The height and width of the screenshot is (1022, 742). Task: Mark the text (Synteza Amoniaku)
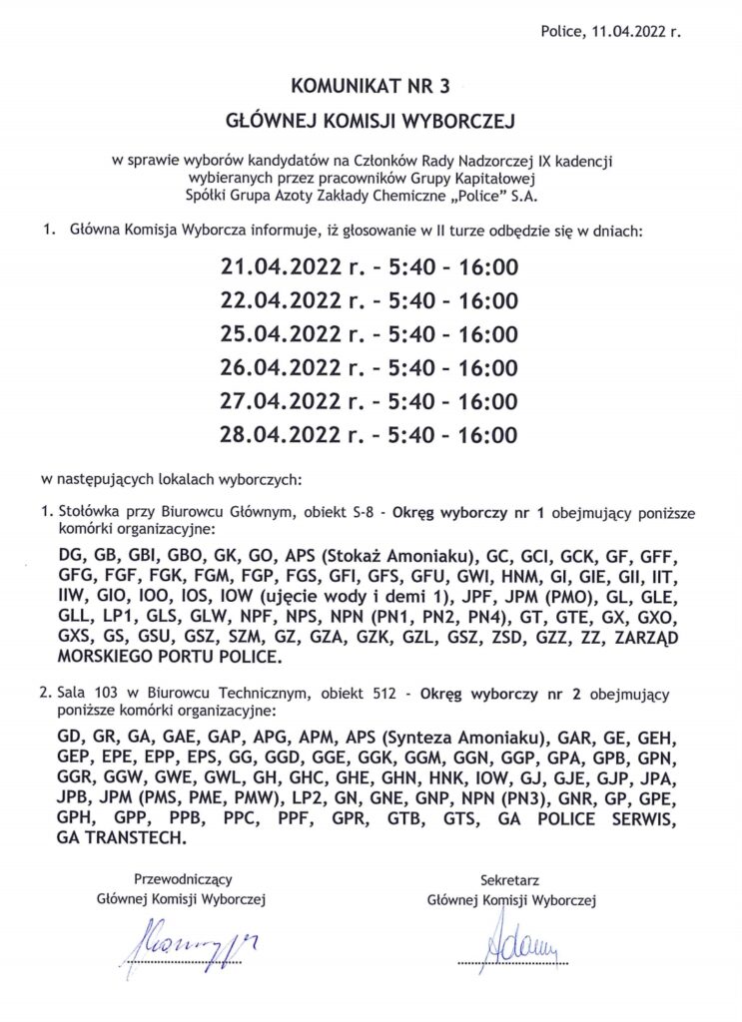467,738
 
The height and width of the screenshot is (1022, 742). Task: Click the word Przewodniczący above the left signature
183,879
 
